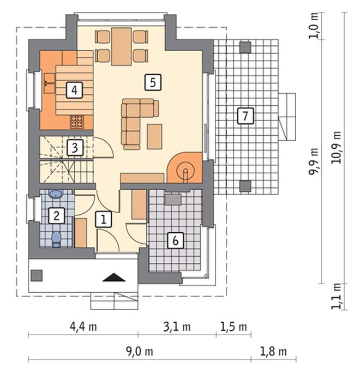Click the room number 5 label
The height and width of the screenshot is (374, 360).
click(x=153, y=82)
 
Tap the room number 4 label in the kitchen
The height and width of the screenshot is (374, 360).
click(x=74, y=90)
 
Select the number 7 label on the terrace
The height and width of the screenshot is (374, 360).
click(x=245, y=116)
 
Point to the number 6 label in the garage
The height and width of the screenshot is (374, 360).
click(x=175, y=240)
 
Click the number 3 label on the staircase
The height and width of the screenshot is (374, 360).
click(x=75, y=148)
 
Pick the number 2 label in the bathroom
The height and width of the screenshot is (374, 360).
click(x=57, y=216)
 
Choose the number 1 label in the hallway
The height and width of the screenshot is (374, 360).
click(x=103, y=219)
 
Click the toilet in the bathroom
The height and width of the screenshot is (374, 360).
click(x=57, y=239)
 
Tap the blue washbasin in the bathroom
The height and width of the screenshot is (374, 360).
click(x=56, y=194)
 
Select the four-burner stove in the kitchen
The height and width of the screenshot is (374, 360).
click(x=77, y=122)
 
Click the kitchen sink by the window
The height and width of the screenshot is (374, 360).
click(x=50, y=83)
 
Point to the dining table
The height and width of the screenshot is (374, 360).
click(x=122, y=46)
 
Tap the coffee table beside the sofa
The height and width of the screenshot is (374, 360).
click(x=154, y=136)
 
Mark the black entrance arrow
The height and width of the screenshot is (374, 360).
click(x=114, y=277)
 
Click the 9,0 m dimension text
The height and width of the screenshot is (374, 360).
click(x=140, y=352)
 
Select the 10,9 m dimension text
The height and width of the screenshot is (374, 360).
click(x=336, y=147)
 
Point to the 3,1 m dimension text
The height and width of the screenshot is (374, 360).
click(x=177, y=327)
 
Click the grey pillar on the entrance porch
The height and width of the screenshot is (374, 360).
click(x=37, y=275)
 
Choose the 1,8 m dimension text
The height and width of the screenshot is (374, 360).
click(x=273, y=352)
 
